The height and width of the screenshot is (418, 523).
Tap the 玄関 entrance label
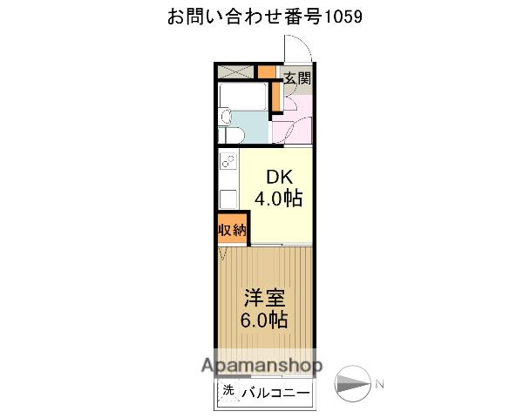click(296, 78)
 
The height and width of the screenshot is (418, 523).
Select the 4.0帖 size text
click(278, 199)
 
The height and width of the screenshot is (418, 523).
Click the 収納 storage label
click(232, 230)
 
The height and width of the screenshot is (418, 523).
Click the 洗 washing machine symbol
click(228, 392)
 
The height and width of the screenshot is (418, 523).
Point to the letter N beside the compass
click(379, 384)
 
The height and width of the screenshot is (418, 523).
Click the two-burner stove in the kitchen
click(229, 163)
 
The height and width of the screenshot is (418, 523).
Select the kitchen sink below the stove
click(229, 198)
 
